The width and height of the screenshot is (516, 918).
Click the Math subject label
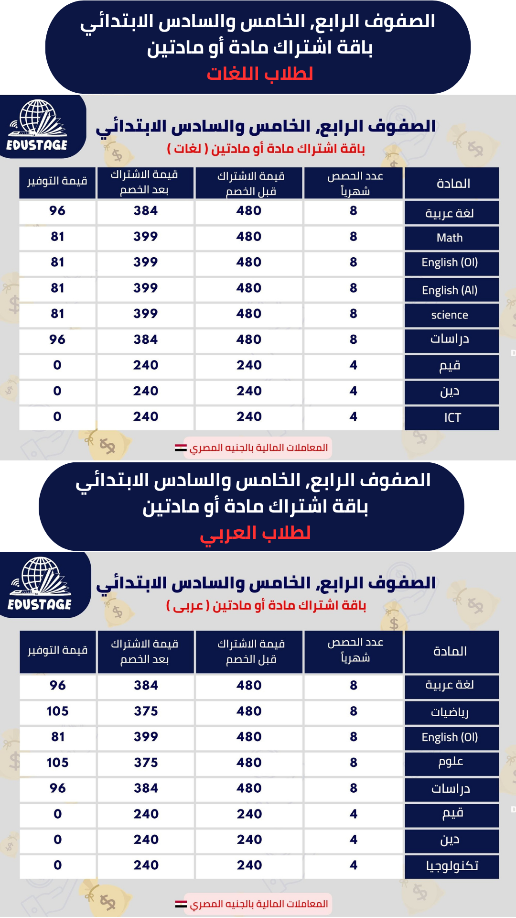[x=450, y=238]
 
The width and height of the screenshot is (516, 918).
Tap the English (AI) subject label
[x=450, y=290]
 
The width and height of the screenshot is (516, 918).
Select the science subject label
[x=450, y=315]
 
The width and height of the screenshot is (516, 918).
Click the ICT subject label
[x=452, y=418]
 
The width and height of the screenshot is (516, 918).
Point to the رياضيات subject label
[x=450, y=712]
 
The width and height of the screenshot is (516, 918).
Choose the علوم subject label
[x=451, y=762]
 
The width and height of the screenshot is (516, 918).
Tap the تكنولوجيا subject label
[x=452, y=865]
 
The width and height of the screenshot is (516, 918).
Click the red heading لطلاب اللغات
[x=259, y=74]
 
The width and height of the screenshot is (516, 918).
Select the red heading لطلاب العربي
[x=255, y=532]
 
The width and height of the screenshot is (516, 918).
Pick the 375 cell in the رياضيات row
[x=146, y=711]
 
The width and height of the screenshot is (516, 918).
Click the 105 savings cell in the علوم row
[x=57, y=763]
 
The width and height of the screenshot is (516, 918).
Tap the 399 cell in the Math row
[x=145, y=236]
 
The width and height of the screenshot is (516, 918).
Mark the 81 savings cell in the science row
[x=57, y=314]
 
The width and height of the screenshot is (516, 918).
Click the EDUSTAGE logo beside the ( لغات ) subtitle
[x=37, y=125]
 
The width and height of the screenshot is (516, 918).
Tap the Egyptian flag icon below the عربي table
[x=181, y=904]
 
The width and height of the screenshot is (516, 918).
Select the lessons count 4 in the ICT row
[x=353, y=416]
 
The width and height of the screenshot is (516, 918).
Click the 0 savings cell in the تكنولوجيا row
[x=57, y=865]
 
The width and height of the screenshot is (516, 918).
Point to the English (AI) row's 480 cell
[x=248, y=288]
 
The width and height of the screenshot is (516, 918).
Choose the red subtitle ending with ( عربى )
[x=266, y=606]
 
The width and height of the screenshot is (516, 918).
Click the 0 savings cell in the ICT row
[x=57, y=416]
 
